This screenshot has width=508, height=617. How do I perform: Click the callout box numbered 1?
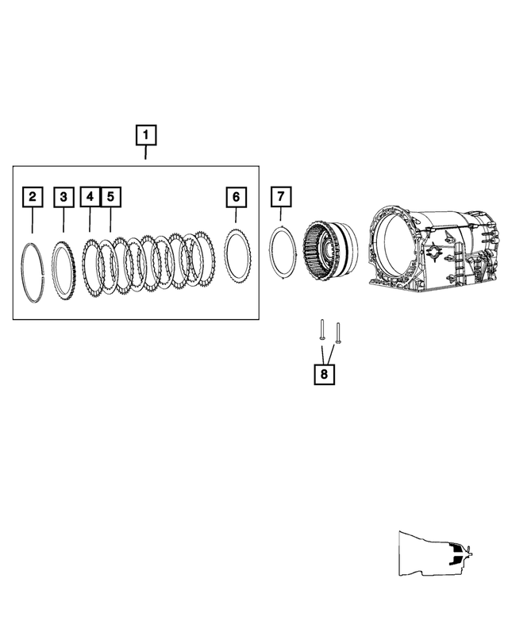click(145, 136)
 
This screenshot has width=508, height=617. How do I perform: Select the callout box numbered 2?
click(32, 196)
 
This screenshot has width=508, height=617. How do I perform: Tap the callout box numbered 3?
click(63, 196)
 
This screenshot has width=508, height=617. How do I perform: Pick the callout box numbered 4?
click(90, 196)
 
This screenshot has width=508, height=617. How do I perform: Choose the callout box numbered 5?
click(110, 196)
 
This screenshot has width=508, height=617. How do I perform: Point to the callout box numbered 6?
click(236, 196)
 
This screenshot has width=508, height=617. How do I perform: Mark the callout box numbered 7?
click(281, 196)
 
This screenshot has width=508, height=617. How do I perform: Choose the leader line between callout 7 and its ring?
click(281, 214)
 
